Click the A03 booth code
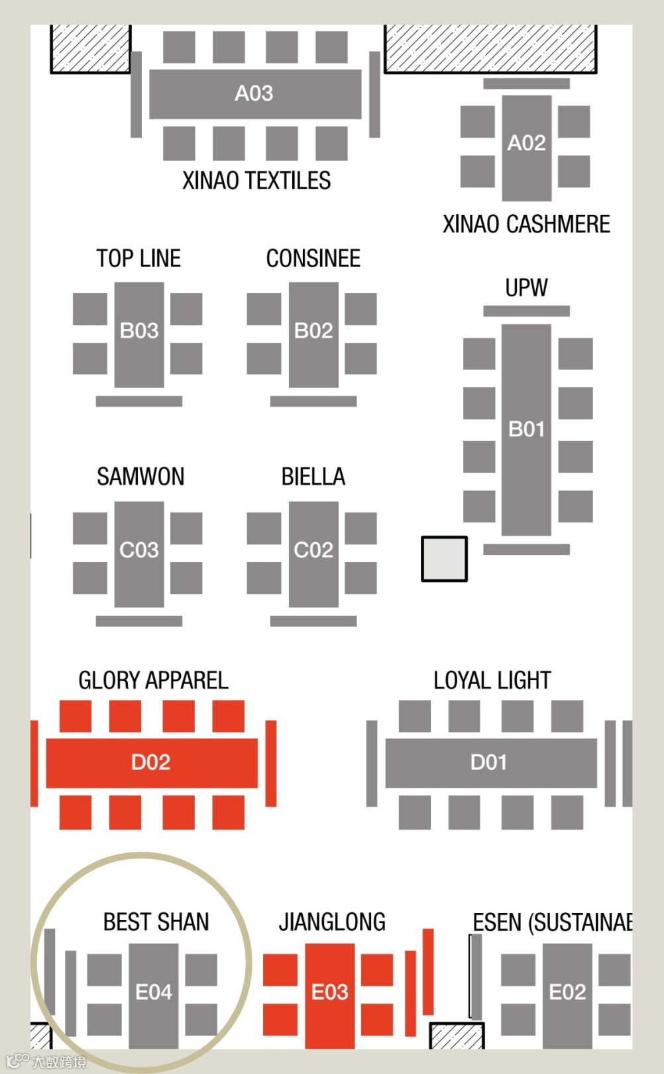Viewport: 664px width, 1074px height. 254,93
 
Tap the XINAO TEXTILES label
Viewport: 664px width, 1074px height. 256,180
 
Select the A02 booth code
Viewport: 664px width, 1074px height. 526,143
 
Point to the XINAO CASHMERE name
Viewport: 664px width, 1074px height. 526,224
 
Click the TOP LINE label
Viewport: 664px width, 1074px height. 138,259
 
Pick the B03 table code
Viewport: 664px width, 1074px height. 139,330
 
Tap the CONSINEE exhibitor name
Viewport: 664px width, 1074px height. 313,259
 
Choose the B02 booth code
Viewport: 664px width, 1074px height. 313,330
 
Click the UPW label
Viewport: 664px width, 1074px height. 526,288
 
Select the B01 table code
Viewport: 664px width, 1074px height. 526,430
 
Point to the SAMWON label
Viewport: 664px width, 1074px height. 140,477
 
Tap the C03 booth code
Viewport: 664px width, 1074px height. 139,550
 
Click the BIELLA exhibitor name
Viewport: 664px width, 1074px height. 313,477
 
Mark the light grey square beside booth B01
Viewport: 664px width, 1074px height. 444,559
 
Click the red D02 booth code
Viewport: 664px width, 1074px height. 151,762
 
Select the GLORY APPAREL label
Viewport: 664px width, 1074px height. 153,680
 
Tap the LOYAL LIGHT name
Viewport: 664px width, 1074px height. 492,680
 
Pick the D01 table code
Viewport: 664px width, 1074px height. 489,762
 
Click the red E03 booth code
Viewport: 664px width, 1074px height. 330,992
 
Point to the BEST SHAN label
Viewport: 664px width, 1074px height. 156,922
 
